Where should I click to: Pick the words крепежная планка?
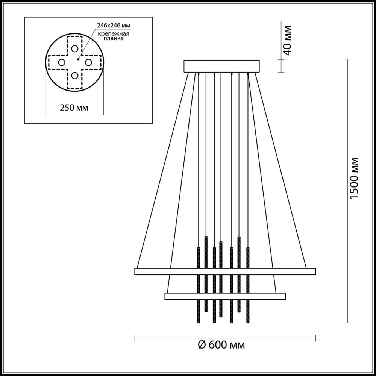pyautogui.click(x=114, y=36)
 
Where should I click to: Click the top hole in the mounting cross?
pyautogui.click(x=75, y=48)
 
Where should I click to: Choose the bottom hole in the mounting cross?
pyautogui.click(x=75, y=76)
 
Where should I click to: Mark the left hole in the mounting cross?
pyautogui.click(x=61, y=62)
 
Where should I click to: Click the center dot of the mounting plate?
pyautogui.click(x=78, y=59)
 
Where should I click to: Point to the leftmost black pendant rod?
pyautogui.click(x=198, y=286)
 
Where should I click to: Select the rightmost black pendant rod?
pyautogui.click(x=248, y=286)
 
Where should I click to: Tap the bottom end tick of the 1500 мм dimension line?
pyautogui.click(x=347, y=323)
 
